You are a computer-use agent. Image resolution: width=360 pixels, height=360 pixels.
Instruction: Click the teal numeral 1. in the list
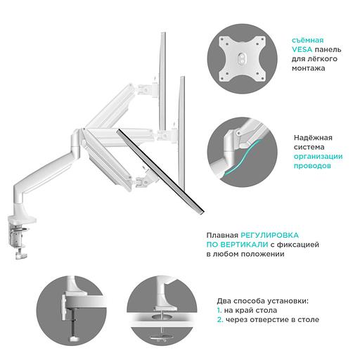[219, 310]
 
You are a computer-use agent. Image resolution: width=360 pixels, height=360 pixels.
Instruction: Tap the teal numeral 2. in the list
[219, 320]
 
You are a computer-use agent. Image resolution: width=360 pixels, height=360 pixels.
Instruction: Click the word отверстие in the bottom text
[278, 320]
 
